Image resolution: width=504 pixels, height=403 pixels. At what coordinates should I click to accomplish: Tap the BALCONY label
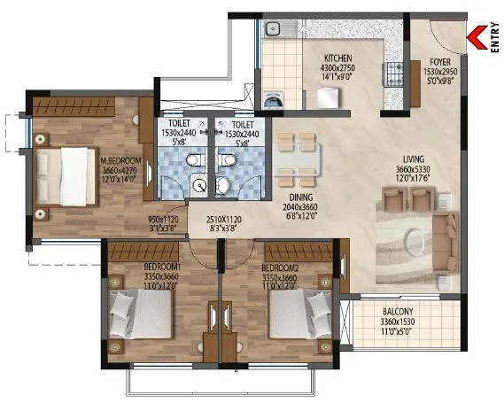(x=398, y=312)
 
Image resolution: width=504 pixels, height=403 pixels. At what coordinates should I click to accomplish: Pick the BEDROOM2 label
(x=281, y=267)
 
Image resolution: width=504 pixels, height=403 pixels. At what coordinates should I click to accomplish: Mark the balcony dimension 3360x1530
(x=398, y=323)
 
